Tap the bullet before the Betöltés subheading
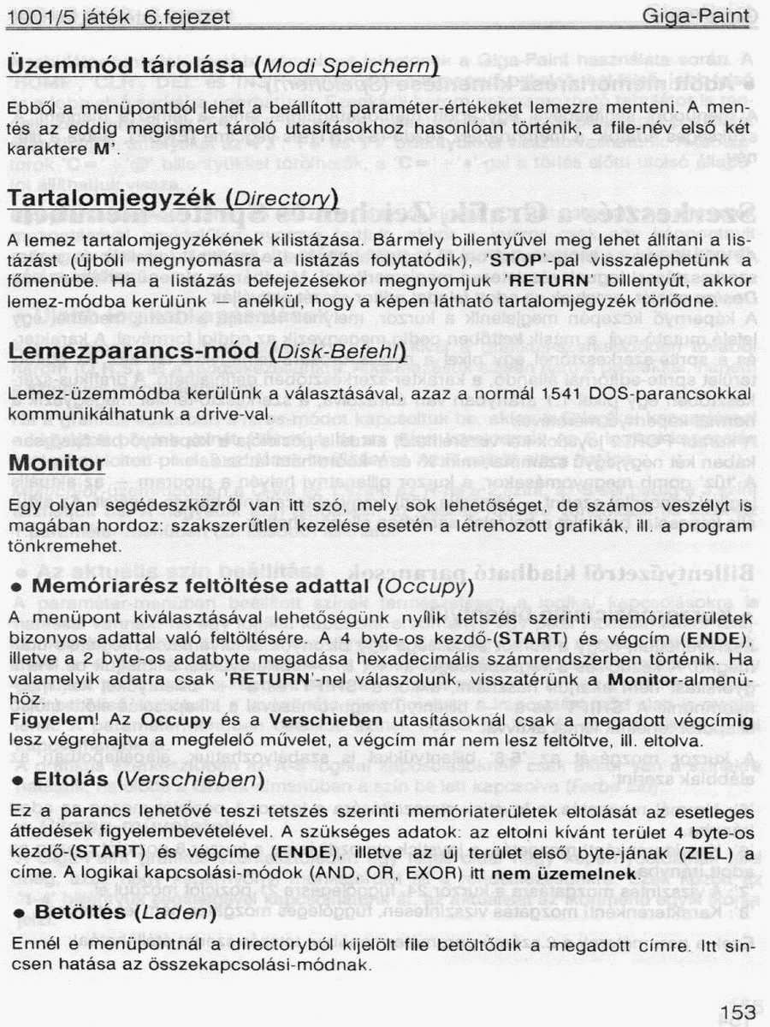(x=15, y=913)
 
